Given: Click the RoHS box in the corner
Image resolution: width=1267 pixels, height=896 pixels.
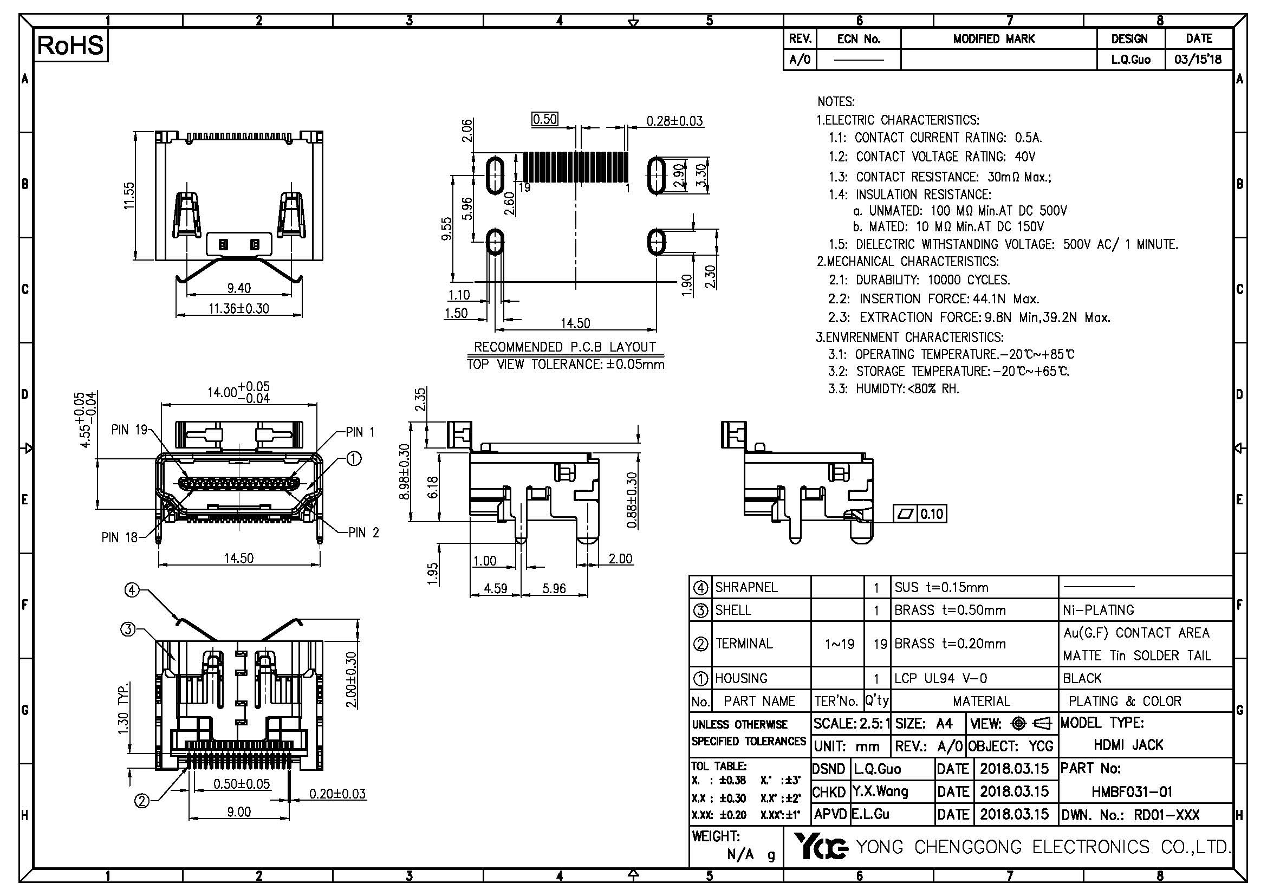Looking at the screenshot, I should (x=70, y=46).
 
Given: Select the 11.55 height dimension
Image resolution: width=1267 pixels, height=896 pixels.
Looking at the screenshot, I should (x=129, y=196).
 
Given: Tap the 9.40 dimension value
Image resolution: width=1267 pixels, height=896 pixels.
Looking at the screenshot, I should (x=239, y=288).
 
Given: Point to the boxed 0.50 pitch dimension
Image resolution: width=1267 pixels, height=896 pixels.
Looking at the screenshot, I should (x=544, y=119).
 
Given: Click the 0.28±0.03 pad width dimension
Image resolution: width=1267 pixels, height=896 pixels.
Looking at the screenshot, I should (x=674, y=121).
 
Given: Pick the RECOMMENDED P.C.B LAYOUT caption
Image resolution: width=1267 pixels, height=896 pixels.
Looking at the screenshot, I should (x=565, y=347).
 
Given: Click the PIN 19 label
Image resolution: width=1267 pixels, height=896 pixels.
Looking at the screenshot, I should (x=129, y=430).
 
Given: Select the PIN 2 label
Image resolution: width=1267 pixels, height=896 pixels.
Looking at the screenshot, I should (x=363, y=533).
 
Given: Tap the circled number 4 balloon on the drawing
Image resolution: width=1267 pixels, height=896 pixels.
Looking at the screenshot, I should (x=131, y=590).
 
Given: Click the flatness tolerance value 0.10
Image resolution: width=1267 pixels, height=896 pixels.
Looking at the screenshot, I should (x=931, y=514).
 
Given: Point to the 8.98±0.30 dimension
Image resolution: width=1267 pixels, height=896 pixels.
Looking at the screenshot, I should (x=405, y=472).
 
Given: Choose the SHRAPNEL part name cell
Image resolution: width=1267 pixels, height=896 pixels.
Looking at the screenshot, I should (x=746, y=587).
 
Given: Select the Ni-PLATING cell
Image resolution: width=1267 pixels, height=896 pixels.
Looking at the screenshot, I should (x=1098, y=609).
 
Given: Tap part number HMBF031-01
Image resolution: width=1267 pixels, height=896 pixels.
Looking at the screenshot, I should (x=1132, y=792).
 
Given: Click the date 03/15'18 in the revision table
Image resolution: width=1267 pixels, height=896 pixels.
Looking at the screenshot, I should (x=1198, y=59).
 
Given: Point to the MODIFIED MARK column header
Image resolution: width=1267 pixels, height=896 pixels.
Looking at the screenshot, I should (x=994, y=39).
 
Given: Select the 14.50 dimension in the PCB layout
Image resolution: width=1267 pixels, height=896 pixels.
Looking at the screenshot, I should (x=575, y=323).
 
